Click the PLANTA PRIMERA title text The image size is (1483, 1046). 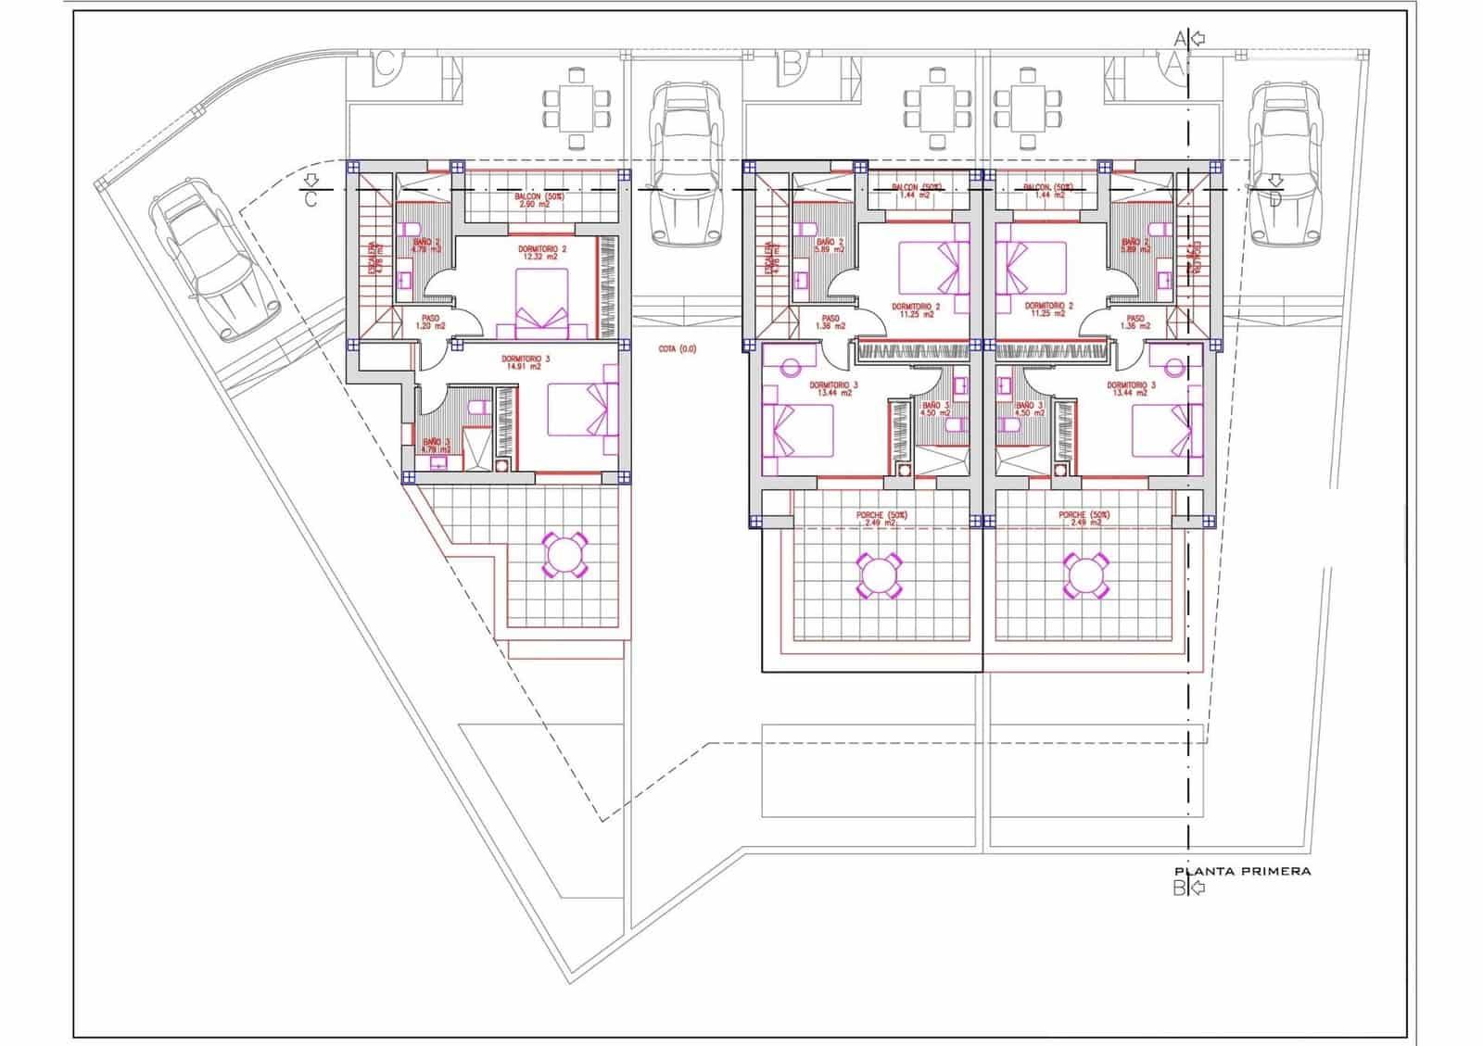pos(1242,871)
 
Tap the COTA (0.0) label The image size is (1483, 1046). pos(677,349)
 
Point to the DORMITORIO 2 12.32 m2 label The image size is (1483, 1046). pos(542,253)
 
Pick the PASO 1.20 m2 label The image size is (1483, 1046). pos(429,321)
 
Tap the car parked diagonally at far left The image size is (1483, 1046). pos(215,258)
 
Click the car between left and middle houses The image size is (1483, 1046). pos(686,165)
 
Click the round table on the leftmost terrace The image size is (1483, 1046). pos(564,555)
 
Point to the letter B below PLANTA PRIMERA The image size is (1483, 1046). pos(1179,888)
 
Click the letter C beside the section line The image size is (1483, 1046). pos(311,199)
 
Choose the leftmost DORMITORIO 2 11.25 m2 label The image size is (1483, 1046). pos(916,310)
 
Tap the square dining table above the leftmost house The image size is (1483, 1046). pos(577,107)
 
